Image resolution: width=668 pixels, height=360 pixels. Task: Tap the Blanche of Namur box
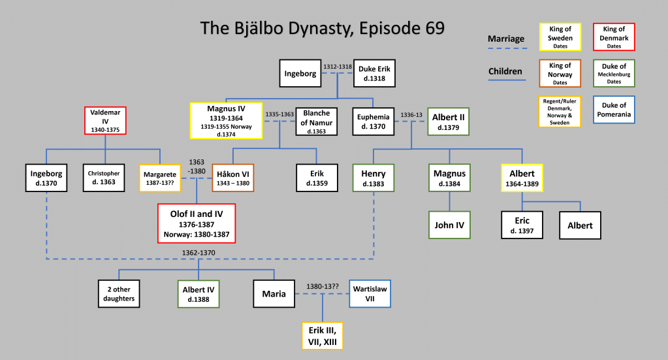[x=316, y=121]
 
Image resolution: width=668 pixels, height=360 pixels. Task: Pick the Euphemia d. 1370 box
[x=374, y=121]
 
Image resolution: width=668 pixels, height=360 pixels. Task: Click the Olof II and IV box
[x=197, y=222]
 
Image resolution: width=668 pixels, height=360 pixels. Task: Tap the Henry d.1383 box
[x=373, y=178]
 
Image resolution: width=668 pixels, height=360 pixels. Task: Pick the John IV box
[x=450, y=225]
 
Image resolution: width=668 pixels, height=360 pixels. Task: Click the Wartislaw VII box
[x=369, y=293]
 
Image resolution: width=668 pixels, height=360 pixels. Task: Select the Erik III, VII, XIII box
[x=323, y=335]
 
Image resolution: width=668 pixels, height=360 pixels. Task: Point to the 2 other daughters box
[x=118, y=293]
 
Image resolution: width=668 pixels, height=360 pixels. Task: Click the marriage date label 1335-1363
[x=279, y=114]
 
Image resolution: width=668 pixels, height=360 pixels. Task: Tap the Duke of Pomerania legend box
[x=613, y=109]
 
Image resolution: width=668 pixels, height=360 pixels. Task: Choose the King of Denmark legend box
[x=613, y=37]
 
